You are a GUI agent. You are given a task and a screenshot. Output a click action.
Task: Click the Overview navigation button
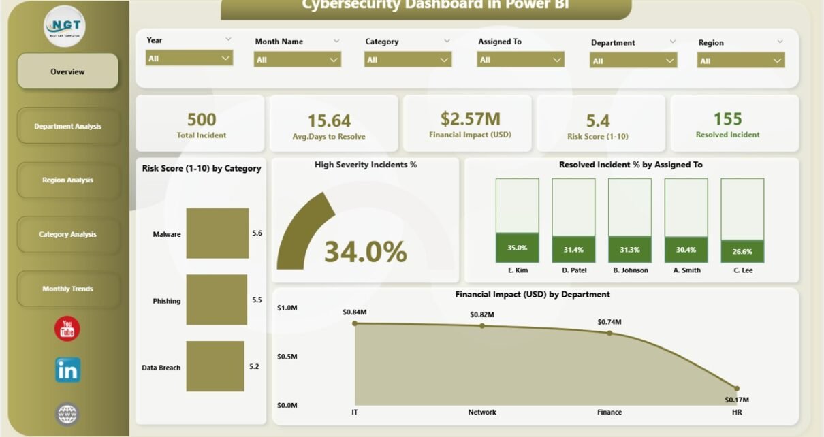click(x=67, y=71)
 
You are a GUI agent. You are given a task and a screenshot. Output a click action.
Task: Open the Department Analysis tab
click(x=67, y=126)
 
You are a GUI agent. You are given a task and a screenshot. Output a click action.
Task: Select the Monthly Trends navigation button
click(x=67, y=289)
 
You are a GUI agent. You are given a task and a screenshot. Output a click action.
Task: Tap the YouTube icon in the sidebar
click(x=67, y=329)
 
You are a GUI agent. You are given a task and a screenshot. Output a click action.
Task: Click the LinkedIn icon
click(x=67, y=370)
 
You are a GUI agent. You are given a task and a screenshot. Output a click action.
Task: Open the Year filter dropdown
click(x=189, y=59)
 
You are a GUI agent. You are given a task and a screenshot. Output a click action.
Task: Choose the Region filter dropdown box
click(x=740, y=61)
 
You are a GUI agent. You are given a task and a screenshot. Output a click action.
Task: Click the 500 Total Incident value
click(x=201, y=120)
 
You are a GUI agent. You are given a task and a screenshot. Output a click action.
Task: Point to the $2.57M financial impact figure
click(x=469, y=120)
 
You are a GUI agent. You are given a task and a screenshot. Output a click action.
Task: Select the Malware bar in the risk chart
click(x=217, y=233)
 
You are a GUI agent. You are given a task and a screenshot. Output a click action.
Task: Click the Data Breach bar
click(x=215, y=366)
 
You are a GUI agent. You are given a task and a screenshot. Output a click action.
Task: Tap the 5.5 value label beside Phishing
click(x=256, y=300)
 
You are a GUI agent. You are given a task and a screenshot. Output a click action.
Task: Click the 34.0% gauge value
click(x=365, y=252)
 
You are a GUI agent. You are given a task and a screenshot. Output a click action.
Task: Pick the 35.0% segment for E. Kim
click(x=517, y=248)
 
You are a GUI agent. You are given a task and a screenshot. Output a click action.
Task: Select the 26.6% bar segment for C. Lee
click(x=742, y=251)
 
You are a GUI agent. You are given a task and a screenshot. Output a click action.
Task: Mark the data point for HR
click(x=736, y=388)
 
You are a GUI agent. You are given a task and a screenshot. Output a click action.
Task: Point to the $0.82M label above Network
click(x=482, y=314)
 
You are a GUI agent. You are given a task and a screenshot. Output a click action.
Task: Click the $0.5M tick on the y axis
click(x=287, y=357)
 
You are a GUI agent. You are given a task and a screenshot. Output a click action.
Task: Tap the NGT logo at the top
click(x=65, y=26)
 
